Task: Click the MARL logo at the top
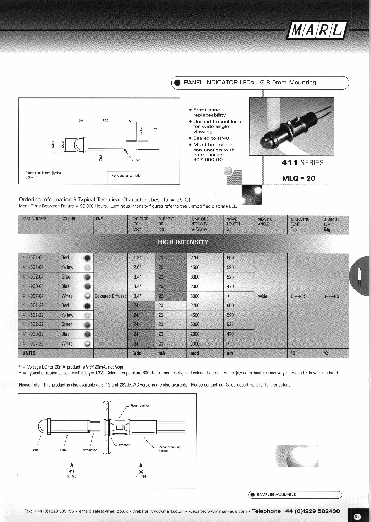[317, 30]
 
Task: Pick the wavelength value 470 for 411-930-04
[230, 286]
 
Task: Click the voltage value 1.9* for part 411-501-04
[138, 257]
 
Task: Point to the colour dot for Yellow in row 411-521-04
[87, 267]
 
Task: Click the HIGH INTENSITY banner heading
[182, 242]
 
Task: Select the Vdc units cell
[138, 353]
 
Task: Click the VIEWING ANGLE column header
[265, 222]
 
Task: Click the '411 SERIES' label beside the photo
[302, 162]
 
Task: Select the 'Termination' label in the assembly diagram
[89, 450]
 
